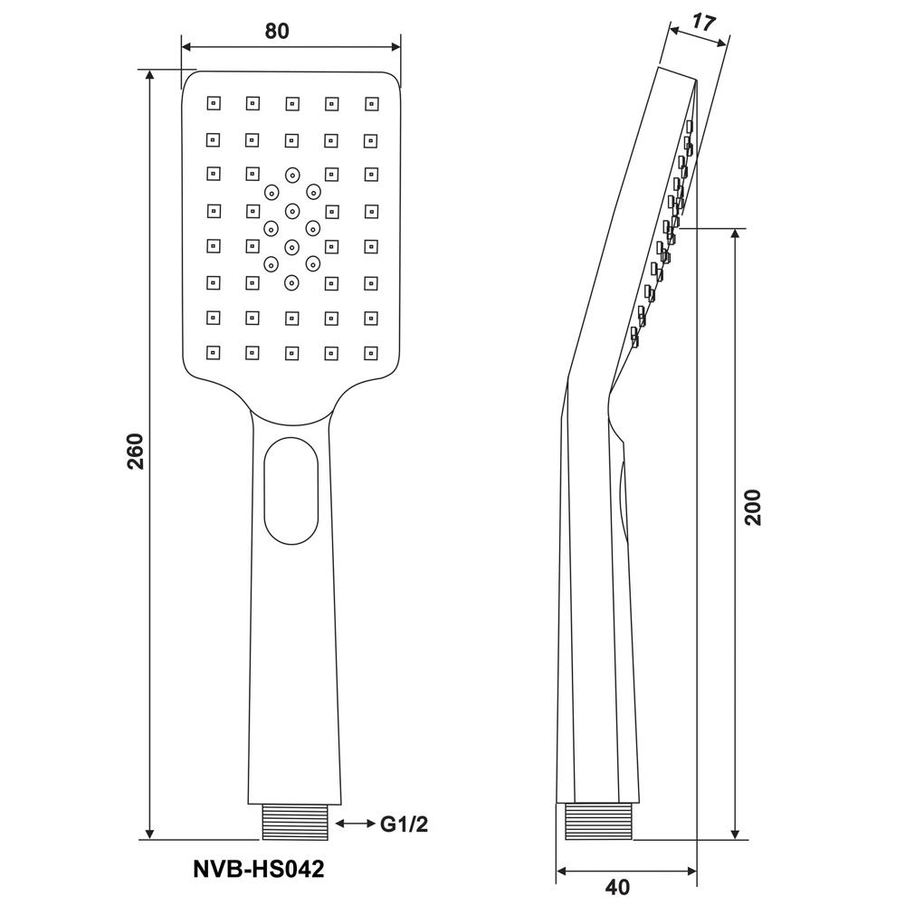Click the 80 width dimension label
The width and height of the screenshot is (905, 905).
276,31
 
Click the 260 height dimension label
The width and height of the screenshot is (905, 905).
135,451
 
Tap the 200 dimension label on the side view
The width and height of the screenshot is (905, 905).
753,508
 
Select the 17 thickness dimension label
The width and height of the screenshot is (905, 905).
703,23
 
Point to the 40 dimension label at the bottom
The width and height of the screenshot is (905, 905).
617,887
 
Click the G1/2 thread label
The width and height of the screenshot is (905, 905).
404,824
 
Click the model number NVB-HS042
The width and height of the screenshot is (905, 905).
259,869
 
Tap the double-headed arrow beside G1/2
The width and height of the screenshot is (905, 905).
356,824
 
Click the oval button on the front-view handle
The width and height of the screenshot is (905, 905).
291,491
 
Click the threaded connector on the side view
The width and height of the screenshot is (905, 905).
598,822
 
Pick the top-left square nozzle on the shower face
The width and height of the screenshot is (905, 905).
214,103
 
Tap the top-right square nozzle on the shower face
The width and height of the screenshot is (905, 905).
372,104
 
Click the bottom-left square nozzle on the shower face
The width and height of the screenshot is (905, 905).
214,352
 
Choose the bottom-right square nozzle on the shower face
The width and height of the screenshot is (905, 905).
372,353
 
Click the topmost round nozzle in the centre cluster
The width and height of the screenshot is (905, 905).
292,175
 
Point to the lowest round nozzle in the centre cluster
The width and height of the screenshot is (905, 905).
292,282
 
